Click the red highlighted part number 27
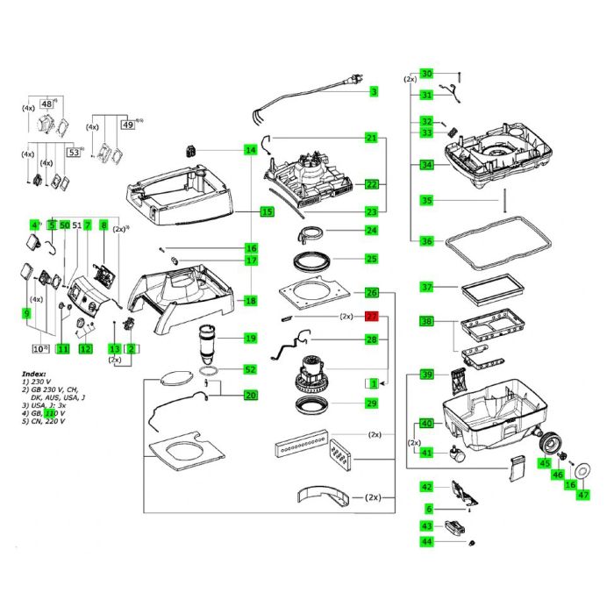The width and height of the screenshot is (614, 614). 371,317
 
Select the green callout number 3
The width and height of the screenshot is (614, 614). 373,91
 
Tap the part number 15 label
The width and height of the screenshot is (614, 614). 267,211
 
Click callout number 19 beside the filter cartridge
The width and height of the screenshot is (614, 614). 251,339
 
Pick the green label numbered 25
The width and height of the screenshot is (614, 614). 371,259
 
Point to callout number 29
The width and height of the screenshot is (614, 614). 371,403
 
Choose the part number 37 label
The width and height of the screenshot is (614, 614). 427,287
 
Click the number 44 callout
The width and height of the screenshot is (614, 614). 427,542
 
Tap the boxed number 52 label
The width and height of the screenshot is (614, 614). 251,369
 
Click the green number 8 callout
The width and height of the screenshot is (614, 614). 104,225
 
